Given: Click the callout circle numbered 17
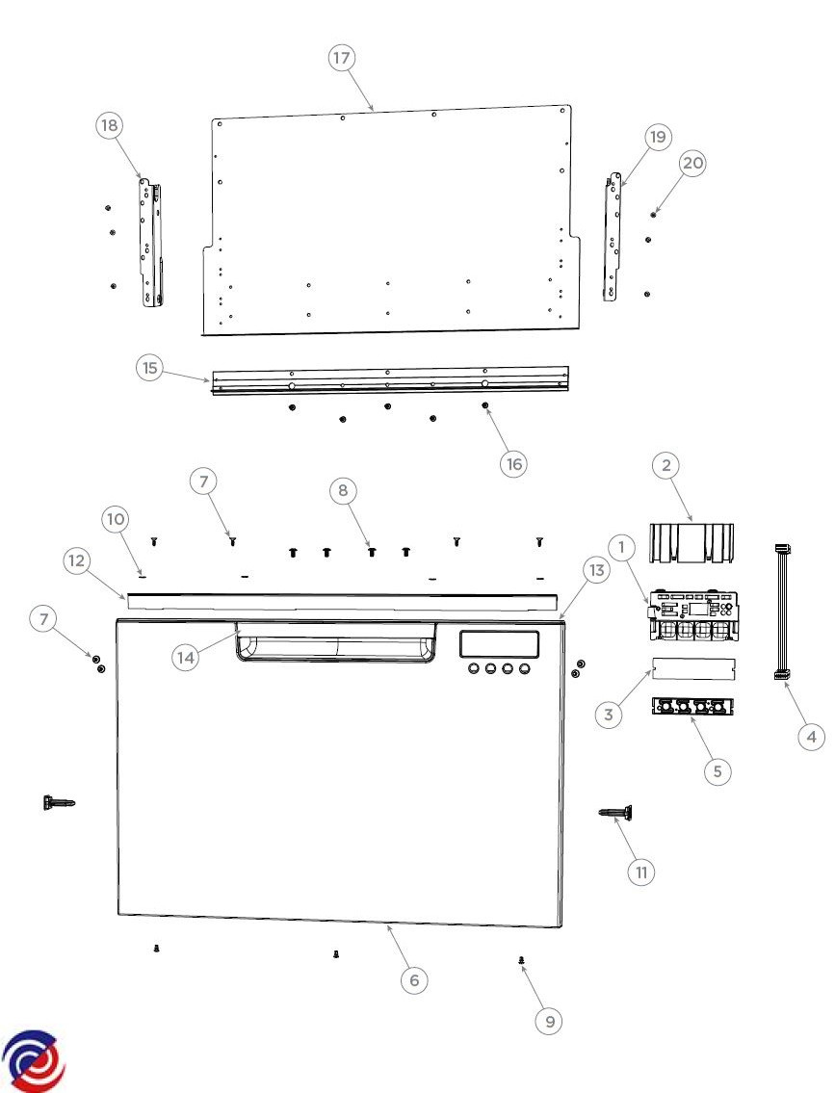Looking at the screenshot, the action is (x=341, y=57).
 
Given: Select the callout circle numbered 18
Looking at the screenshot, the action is (x=109, y=125).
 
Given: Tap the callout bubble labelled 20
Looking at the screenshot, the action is (x=692, y=163).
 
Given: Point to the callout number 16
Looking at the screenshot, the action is (x=513, y=463).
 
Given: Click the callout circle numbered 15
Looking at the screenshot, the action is (x=150, y=367).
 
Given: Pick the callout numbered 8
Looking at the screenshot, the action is (x=342, y=490).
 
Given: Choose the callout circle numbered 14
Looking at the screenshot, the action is (x=186, y=658).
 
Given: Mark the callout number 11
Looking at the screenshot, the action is (x=641, y=872).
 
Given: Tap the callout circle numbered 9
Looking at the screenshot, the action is (x=549, y=1021).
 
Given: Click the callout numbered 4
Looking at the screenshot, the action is (x=811, y=736).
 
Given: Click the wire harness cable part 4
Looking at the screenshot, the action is (x=782, y=612).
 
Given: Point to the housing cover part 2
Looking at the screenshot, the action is (x=691, y=543).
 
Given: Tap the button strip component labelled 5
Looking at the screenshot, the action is (x=693, y=706).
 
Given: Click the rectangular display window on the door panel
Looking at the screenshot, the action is (x=499, y=644).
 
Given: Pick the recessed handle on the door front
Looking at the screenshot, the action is (x=336, y=641).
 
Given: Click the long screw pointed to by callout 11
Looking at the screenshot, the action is (x=616, y=813).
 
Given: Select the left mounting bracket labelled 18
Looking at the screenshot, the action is (x=152, y=242).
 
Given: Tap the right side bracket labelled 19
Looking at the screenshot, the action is (x=612, y=237).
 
